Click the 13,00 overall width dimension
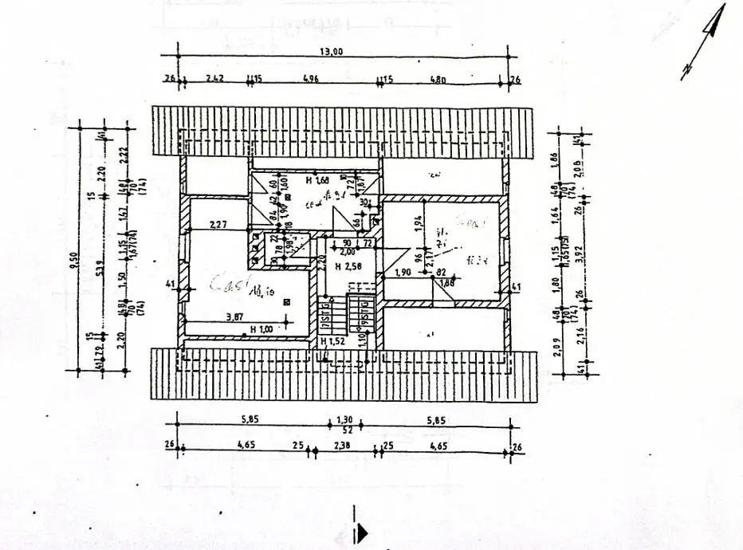pyautogui.click(x=332, y=52)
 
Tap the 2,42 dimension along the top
pyautogui.click(x=214, y=79)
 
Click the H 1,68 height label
pyautogui.click(x=318, y=180)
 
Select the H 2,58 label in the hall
pyautogui.click(x=346, y=265)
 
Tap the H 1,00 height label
pyautogui.click(x=261, y=328)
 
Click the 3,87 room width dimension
pyautogui.click(x=234, y=316)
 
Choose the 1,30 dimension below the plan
pyautogui.click(x=344, y=418)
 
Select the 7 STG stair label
pyautogui.click(x=327, y=318)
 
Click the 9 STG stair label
pyautogui.click(x=364, y=318)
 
